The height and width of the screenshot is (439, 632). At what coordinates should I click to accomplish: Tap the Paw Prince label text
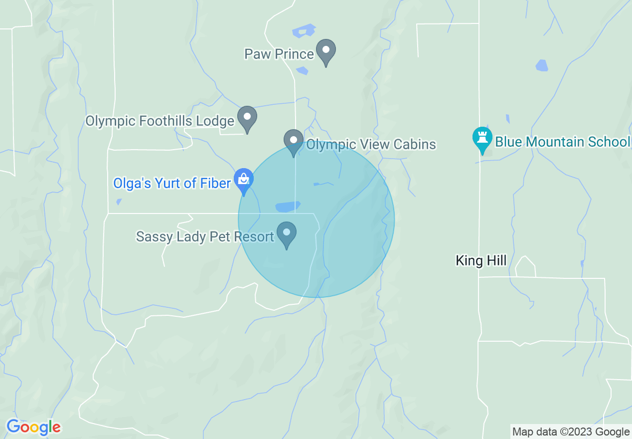click(279, 54)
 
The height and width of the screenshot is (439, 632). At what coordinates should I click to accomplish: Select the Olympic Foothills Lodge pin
click(247, 118)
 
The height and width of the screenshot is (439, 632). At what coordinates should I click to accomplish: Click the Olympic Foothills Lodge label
click(159, 121)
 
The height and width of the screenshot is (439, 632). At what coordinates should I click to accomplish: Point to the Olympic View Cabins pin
click(294, 141)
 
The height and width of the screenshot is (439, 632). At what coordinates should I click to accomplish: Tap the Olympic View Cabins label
click(371, 145)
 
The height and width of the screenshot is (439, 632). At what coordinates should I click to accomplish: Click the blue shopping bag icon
click(244, 180)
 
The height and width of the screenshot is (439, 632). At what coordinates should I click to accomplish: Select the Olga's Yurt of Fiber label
click(172, 184)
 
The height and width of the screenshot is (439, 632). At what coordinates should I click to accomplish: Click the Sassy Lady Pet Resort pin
click(287, 233)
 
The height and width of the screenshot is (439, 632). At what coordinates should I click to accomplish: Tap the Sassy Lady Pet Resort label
click(205, 236)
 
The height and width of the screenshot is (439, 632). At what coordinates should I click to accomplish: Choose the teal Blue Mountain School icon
click(482, 138)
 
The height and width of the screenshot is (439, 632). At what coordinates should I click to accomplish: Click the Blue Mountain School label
click(562, 142)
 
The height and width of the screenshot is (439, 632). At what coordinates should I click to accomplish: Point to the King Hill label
click(481, 260)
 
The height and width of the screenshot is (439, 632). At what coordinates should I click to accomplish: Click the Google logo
click(33, 427)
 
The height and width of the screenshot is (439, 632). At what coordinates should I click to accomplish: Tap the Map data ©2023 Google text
click(571, 432)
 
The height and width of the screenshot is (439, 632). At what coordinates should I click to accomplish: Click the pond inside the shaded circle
click(288, 206)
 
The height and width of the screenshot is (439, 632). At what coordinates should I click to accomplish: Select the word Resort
click(256, 236)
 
